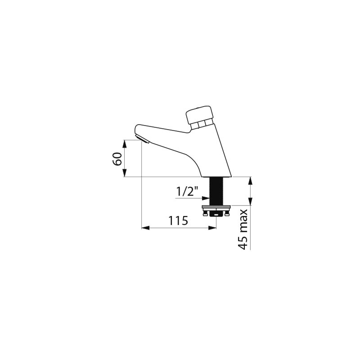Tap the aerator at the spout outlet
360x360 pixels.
pyautogui.click(x=143, y=139)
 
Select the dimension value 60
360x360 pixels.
pyautogui.click(x=117, y=159)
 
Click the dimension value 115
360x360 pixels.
pyautogui.click(x=178, y=221)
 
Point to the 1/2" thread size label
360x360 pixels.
pyautogui.click(x=187, y=191)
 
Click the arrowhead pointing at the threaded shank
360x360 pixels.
pyautogui.click(x=206, y=198)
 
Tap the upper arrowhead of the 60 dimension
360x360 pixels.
pyautogui.click(x=124, y=144)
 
